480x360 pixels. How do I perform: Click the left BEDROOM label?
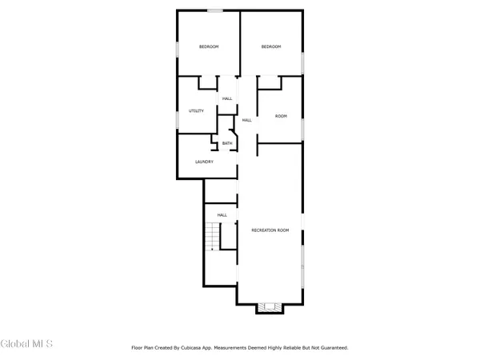click(x=209, y=47)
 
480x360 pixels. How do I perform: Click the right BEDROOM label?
click(x=271, y=47)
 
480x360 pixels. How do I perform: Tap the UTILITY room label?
click(x=196, y=110)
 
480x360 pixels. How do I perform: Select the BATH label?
click(x=227, y=144)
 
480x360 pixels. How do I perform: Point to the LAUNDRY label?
click(x=204, y=162)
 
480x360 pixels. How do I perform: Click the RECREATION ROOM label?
click(x=270, y=230)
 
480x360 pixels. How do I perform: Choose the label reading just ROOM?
click(x=281, y=117)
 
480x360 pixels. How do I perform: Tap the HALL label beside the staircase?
click(x=222, y=214)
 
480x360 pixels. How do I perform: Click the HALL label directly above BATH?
click(x=227, y=98)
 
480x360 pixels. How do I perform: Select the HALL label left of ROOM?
click(x=246, y=120)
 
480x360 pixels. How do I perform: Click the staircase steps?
click(x=211, y=237)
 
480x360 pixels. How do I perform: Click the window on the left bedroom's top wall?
click(x=214, y=10)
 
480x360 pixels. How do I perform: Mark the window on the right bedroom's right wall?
click(x=303, y=62)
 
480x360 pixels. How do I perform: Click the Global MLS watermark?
click(x=26, y=344)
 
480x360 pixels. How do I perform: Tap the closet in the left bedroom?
click(x=207, y=82)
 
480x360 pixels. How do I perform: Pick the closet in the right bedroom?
click(x=269, y=82)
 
